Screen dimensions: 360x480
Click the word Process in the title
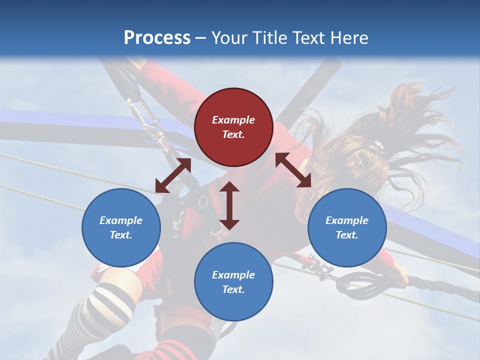(157, 38)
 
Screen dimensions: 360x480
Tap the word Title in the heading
(270, 38)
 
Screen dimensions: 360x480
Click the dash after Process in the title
(200, 38)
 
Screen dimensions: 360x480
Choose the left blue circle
(121, 227)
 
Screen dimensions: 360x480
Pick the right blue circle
(347, 227)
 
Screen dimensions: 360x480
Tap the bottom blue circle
(233, 282)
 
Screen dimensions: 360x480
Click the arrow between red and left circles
(173, 175)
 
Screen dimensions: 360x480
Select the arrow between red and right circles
(293, 170)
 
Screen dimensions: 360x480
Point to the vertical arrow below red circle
(229, 205)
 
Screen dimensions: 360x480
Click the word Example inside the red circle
(233, 120)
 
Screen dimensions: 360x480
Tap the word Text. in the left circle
(121, 235)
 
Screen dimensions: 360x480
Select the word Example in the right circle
(347, 220)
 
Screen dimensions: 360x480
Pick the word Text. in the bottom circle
(233, 289)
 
